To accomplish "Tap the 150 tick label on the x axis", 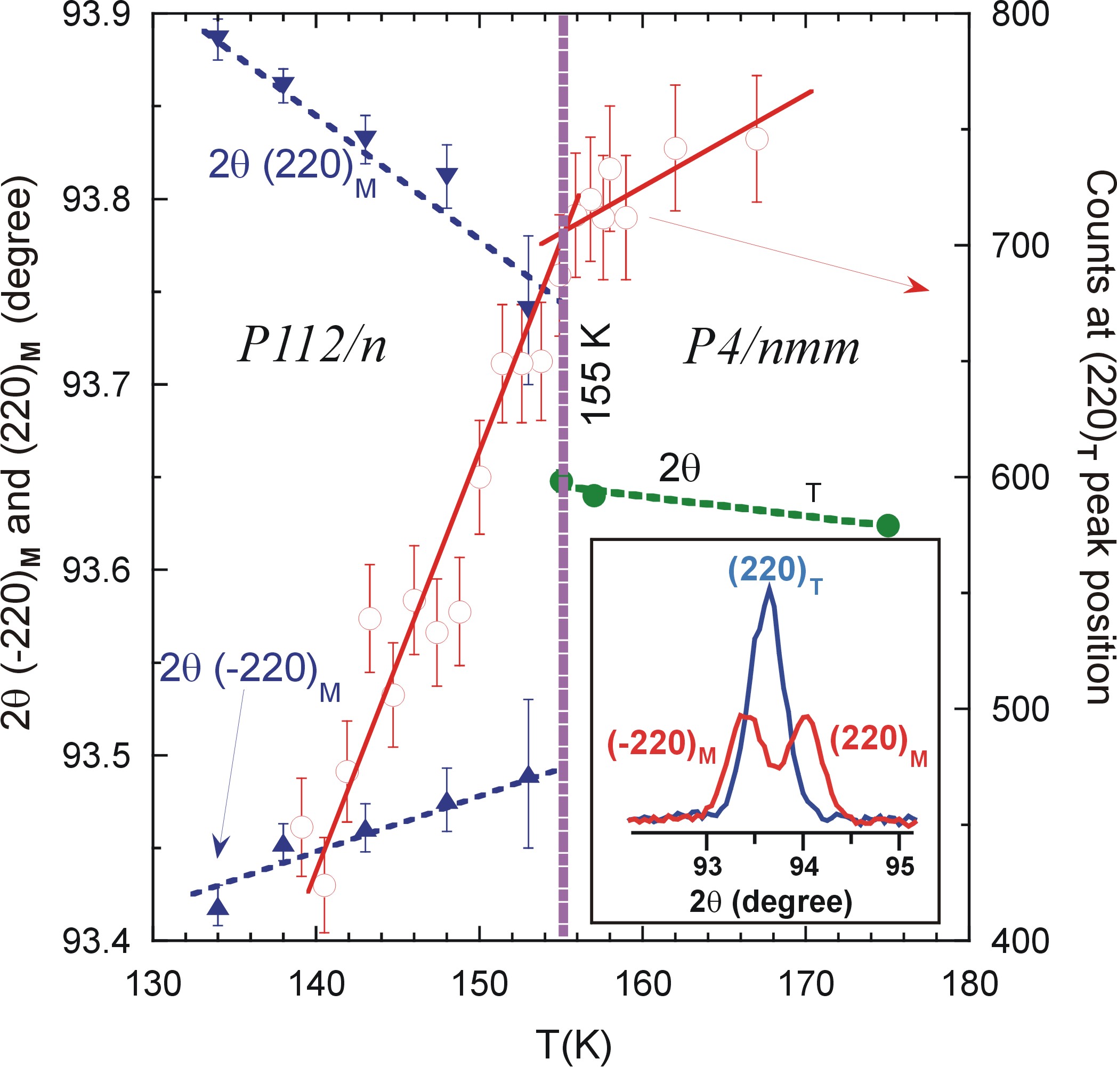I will [480, 984].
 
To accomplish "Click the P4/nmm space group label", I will [771, 347].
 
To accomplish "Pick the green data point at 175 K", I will [887, 526].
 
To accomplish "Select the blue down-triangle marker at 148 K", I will [447, 176].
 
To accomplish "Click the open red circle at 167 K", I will [756, 139].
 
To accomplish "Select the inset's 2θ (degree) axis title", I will [771, 902].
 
